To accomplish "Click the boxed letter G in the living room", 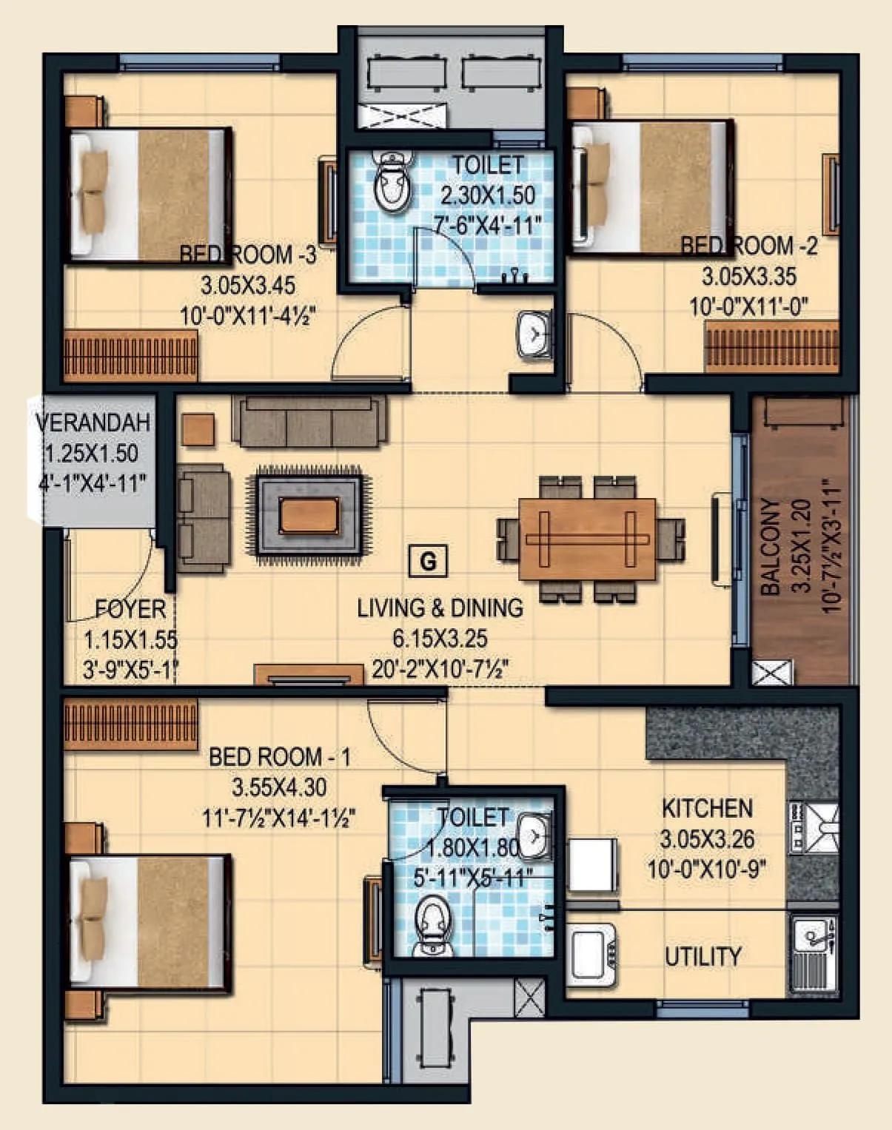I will click(428, 562).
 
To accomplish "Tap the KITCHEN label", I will click(707, 808).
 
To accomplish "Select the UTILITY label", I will click(702, 957).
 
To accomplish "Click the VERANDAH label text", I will click(93, 423).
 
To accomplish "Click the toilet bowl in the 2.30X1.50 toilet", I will click(392, 185).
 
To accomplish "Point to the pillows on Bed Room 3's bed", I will click(93, 192).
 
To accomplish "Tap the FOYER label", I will click(130, 610).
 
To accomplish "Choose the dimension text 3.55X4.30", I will click(279, 787).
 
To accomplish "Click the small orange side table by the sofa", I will click(198, 430).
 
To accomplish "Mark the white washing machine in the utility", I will click(591, 866).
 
